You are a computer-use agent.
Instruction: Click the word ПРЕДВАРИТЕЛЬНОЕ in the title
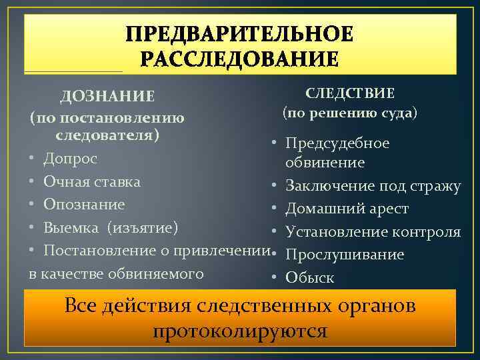click(240, 35)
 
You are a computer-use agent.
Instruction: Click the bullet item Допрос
click(70, 159)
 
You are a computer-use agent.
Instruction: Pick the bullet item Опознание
click(84, 204)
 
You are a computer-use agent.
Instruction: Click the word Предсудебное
click(337, 143)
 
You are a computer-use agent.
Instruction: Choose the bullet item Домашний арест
click(347, 209)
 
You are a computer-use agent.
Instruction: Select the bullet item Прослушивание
click(345, 255)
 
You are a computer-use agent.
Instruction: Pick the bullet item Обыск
click(309, 277)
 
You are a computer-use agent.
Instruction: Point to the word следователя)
click(107, 135)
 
